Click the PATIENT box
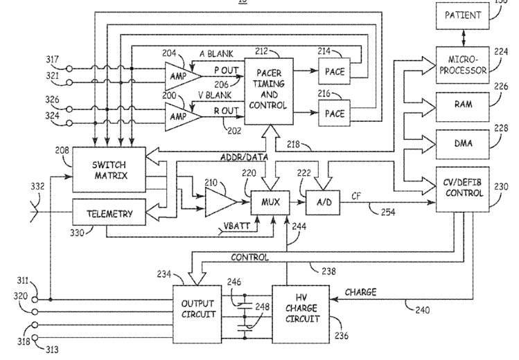462,16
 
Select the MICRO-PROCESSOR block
462,65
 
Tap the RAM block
462,107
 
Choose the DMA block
462,145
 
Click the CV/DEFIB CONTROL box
462,189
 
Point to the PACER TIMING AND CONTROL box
269,91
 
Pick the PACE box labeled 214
334,71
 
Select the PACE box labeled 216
334,113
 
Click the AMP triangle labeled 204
183,76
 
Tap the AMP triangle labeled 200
183,117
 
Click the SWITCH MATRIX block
109,170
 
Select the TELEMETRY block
109,213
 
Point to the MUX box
270,203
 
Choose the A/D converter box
323,203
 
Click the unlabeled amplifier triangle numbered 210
221,202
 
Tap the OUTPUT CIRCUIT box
197,314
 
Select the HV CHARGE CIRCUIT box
301,314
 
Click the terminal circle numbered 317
69,69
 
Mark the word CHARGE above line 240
360,292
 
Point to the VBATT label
236,227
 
